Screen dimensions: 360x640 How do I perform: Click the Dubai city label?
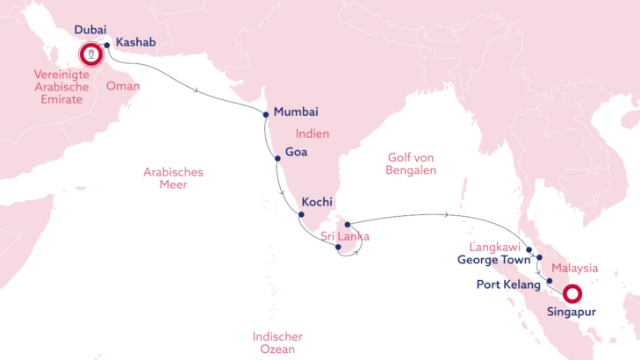[x=90, y=30]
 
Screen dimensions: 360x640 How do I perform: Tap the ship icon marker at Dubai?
[x=91, y=55]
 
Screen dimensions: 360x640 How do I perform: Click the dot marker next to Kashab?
[x=107, y=45]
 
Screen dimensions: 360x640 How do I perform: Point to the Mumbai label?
[x=296, y=112]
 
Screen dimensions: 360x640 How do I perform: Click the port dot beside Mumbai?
[x=266, y=113]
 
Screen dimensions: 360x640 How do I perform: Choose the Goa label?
[x=297, y=151]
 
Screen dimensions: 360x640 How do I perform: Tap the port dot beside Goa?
[x=277, y=158]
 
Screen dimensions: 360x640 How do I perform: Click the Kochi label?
[x=316, y=202]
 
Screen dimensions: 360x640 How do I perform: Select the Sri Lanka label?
[x=345, y=236]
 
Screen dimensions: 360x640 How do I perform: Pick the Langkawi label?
[x=495, y=248]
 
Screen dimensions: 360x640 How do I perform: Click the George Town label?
[x=494, y=261]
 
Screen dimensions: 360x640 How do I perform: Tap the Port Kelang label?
[x=507, y=284]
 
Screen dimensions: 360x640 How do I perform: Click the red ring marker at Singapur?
[x=573, y=294]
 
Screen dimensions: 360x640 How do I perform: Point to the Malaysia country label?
[x=576, y=267]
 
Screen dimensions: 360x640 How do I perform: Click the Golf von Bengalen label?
[x=412, y=163]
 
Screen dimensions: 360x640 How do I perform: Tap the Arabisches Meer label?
[x=173, y=178]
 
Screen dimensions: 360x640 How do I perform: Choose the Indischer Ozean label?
[x=277, y=343]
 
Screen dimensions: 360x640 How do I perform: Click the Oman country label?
[x=122, y=86]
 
